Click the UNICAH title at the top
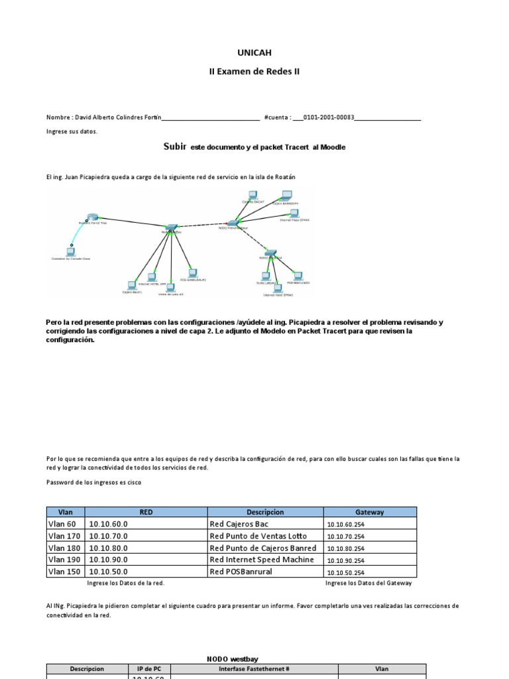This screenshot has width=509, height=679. pos(254,52)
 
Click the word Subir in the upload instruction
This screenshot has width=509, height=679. pos(175,147)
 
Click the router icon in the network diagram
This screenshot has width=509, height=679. pos(93,218)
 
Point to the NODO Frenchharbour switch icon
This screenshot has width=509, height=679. pos(233,223)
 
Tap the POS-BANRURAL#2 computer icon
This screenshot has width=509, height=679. pos(298,276)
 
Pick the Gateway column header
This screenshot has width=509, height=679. pos(370,512)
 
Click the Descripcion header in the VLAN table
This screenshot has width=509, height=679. pos(265,512)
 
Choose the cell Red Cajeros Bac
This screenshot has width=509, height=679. pos(239,524)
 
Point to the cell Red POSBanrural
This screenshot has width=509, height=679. pos(241,572)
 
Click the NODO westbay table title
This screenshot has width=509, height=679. pos(236,659)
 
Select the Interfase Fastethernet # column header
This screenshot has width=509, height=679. pos(255,669)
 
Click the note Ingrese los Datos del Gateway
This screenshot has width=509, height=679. pos(368,583)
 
